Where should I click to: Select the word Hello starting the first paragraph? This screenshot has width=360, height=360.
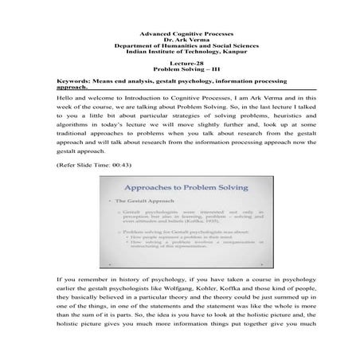(x=66, y=98)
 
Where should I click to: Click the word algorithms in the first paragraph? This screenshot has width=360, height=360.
(x=74, y=121)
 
